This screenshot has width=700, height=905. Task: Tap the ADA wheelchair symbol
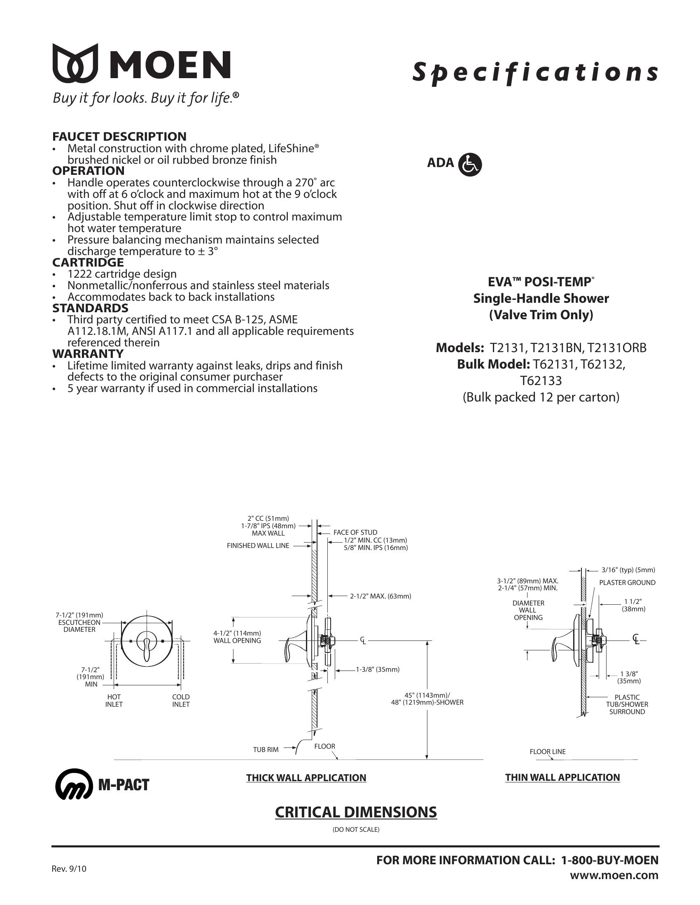(x=470, y=165)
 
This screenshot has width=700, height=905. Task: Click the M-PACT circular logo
(x=74, y=784)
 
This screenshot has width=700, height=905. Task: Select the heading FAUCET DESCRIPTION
(x=119, y=136)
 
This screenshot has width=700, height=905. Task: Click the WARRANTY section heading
(x=88, y=353)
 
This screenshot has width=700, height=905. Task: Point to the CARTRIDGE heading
(x=88, y=262)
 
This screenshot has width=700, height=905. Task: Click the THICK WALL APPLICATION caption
(x=306, y=778)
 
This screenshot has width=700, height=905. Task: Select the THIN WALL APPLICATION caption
(x=562, y=777)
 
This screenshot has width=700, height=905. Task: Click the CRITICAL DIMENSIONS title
(x=356, y=812)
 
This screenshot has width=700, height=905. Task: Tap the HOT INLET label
(x=114, y=701)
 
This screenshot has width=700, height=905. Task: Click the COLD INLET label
(x=181, y=701)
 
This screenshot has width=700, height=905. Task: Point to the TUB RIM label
(x=266, y=750)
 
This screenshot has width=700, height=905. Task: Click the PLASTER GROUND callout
(x=627, y=582)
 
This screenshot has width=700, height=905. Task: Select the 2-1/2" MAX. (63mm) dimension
(x=380, y=596)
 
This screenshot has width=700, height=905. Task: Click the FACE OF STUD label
(x=355, y=532)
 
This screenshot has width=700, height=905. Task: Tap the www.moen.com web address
(x=614, y=875)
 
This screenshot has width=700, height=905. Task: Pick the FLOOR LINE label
(x=547, y=752)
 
